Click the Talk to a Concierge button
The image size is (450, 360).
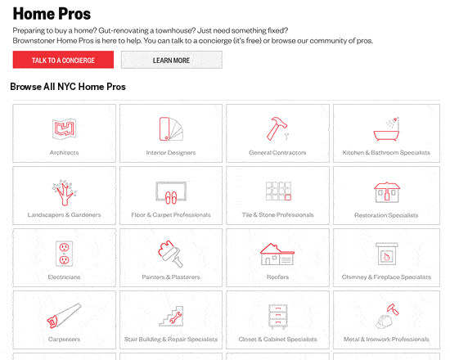point(63,60)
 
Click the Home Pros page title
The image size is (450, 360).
point(52,14)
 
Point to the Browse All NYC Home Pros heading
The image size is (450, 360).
point(68,87)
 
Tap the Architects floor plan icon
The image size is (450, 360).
point(65,128)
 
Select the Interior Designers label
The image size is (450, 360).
point(171,153)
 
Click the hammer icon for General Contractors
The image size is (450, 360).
point(277,128)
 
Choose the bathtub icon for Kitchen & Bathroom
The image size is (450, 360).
point(386,129)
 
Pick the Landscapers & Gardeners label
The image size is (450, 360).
point(65,214)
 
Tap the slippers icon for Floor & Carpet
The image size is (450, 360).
point(171,197)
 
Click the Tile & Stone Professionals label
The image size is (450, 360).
point(277,214)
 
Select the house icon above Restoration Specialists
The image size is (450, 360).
point(386,192)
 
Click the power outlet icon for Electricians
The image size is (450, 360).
point(64,254)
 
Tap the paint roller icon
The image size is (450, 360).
point(171,254)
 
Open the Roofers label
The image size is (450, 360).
point(277,277)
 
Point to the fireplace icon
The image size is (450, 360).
point(386,254)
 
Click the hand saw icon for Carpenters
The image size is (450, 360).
point(64,316)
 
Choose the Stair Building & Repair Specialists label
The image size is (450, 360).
point(171,340)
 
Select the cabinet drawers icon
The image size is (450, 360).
point(277,317)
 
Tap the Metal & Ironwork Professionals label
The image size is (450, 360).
point(386,340)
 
